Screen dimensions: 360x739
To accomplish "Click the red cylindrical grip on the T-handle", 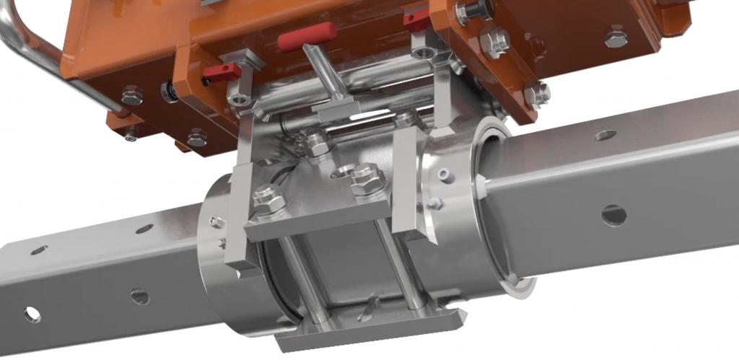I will pyautogui.click(x=306, y=36).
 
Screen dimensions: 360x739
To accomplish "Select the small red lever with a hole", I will pyautogui.click(x=221, y=71).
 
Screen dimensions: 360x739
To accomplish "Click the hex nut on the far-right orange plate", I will pyautogui.click(x=615, y=36).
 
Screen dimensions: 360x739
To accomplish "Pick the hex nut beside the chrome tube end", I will pyautogui.click(x=131, y=95).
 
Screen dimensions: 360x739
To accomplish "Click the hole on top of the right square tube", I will pyautogui.click(x=605, y=135).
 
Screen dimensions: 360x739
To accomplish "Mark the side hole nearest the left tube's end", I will pyautogui.click(x=32, y=314).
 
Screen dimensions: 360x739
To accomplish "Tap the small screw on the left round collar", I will pyautogui.click(x=214, y=221).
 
